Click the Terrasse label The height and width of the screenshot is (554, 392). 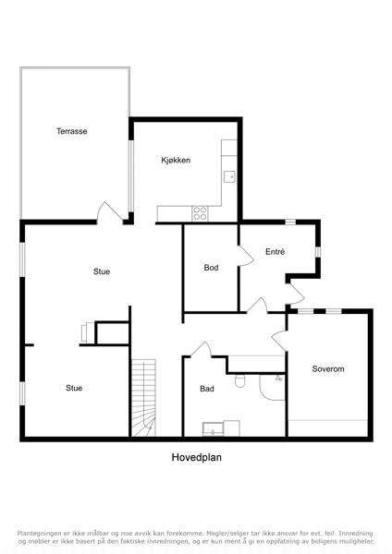click(x=72, y=131)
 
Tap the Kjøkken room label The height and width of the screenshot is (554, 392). click(x=176, y=160)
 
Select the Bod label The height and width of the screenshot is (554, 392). click(x=211, y=268)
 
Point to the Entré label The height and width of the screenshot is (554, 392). click(x=276, y=251)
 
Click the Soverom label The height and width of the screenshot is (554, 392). click(x=328, y=368)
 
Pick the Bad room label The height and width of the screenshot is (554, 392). click(x=207, y=389)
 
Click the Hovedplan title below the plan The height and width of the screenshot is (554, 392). click(x=197, y=457)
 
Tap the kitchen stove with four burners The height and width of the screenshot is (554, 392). click(x=200, y=213)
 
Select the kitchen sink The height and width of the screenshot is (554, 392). click(x=229, y=176)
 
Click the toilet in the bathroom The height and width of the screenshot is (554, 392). click(x=239, y=380)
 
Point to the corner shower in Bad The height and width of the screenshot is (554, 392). click(x=272, y=387)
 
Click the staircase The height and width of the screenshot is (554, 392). click(x=143, y=398)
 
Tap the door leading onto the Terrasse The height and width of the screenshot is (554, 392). click(x=110, y=212)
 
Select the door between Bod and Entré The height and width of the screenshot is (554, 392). click(x=246, y=256)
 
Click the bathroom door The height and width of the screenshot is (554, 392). click(x=201, y=349)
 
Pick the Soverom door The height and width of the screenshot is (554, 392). click(x=279, y=341)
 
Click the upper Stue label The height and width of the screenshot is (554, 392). click(x=102, y=271)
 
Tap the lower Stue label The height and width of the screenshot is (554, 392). click(x=74, y=388)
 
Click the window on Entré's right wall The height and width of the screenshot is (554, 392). click(x=318, y=251)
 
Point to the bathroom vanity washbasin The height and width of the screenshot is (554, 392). click(x=213, y=429)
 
